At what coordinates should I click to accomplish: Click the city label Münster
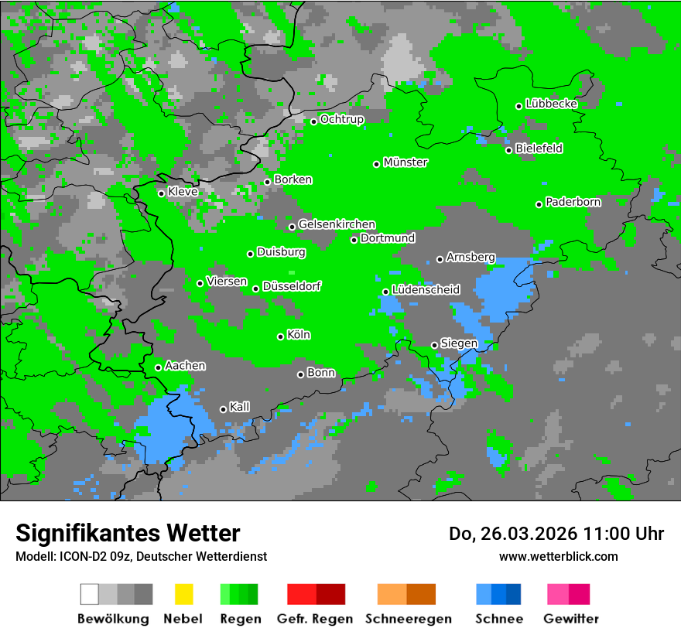click(406, 162)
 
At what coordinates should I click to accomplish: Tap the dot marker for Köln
click(281, 336)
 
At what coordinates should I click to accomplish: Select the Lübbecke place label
click(551, 104)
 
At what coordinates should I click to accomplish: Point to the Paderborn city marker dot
click(539, 204)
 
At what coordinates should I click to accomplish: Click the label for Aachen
click(185, 366)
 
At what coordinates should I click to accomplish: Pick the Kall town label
click(240, 407)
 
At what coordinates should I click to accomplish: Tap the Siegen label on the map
click(459, 343)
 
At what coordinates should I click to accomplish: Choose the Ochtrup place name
click(341, 120)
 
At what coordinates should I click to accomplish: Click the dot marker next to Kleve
click(162, 193)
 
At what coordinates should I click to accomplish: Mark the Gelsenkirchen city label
click(337, 225)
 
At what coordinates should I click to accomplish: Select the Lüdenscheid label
click(426, 290)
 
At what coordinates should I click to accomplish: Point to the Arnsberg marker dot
click(440, 259)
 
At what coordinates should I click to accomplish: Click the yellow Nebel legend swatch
click(183, 594)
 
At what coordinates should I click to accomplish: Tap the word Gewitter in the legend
click(571, 619)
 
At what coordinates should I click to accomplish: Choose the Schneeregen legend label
click(409, 619)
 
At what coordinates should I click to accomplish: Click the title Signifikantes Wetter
click(128, 534)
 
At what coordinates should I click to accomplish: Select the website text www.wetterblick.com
click(558, 556)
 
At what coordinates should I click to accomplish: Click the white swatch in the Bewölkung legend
click(90, 594)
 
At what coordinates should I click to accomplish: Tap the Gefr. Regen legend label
click(315, 619)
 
